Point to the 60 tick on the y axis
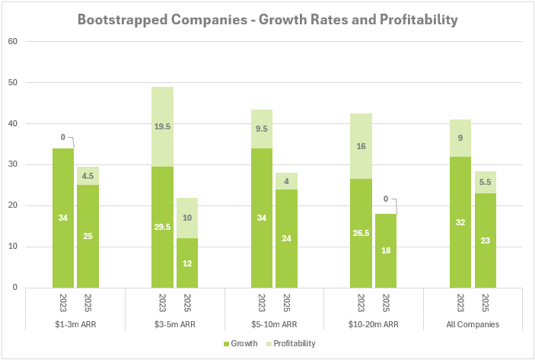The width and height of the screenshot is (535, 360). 13,41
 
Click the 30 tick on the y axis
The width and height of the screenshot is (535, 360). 13,164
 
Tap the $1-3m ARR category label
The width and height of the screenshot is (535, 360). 75,323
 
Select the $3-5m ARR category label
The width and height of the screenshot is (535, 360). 174,323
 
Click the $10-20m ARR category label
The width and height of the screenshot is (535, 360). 373,323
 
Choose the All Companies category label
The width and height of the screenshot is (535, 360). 472,323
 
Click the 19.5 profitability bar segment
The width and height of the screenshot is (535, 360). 162,126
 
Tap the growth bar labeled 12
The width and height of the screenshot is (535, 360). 187,263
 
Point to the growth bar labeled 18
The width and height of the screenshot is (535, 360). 386,250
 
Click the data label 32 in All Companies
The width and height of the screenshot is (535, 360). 460,221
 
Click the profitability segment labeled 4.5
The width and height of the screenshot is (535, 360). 88,176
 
